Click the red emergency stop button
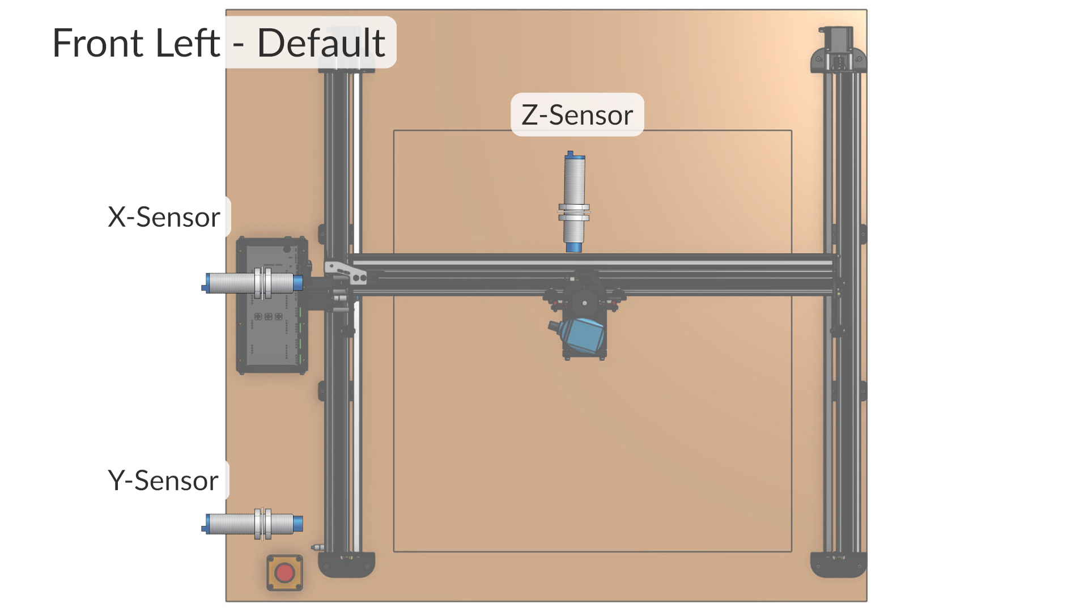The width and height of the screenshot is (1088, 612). pos(284,573)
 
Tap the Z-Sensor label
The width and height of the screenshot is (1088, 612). pos(577,115)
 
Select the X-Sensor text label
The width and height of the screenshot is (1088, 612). pos(164,217)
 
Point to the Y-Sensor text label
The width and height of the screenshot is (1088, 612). pos(163,481)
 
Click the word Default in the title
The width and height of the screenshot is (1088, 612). pos(321,43)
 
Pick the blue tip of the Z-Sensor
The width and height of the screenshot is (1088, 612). pos(573,247)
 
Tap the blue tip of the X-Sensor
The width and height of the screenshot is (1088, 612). pos(298,283)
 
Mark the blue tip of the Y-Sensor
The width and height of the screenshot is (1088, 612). pos(298,524)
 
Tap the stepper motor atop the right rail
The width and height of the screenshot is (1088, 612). pos(839,48)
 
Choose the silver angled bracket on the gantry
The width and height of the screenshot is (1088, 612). pos(346,271)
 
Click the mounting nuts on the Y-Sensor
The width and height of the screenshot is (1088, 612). pos(262,524)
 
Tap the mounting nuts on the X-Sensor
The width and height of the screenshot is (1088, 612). pos(262,283)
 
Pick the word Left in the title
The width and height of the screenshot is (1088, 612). pos(187,43)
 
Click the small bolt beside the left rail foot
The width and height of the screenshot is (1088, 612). pos(317,547)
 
